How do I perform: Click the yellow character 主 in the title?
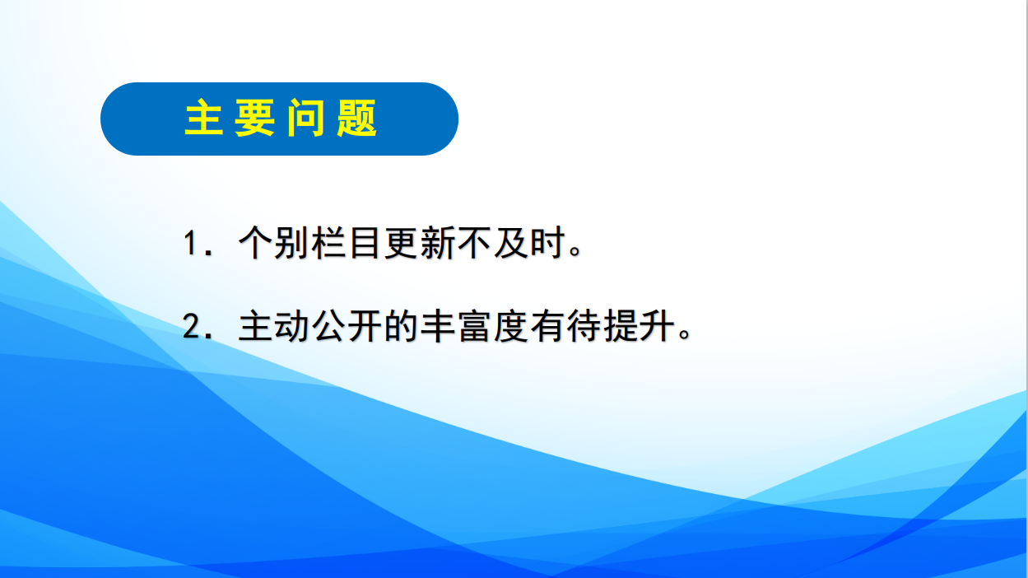click(x=204, y=118)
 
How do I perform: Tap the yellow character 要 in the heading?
click(x=254, y=118)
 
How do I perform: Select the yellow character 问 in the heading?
click(x=305, y=118)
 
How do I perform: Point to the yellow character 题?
click(x=356, y=118)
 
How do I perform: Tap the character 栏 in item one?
click(x=328, y=242)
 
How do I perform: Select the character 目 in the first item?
click(x=365, y=242)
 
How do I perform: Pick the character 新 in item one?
click(x=437, y=242)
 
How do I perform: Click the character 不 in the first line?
click(x=474, y=242)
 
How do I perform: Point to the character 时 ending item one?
click(x=547, y=242)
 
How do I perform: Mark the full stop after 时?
click(x=575, y=251)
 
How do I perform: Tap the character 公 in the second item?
click(x=328, y=325)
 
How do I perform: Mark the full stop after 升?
click(x=685, y=333)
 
